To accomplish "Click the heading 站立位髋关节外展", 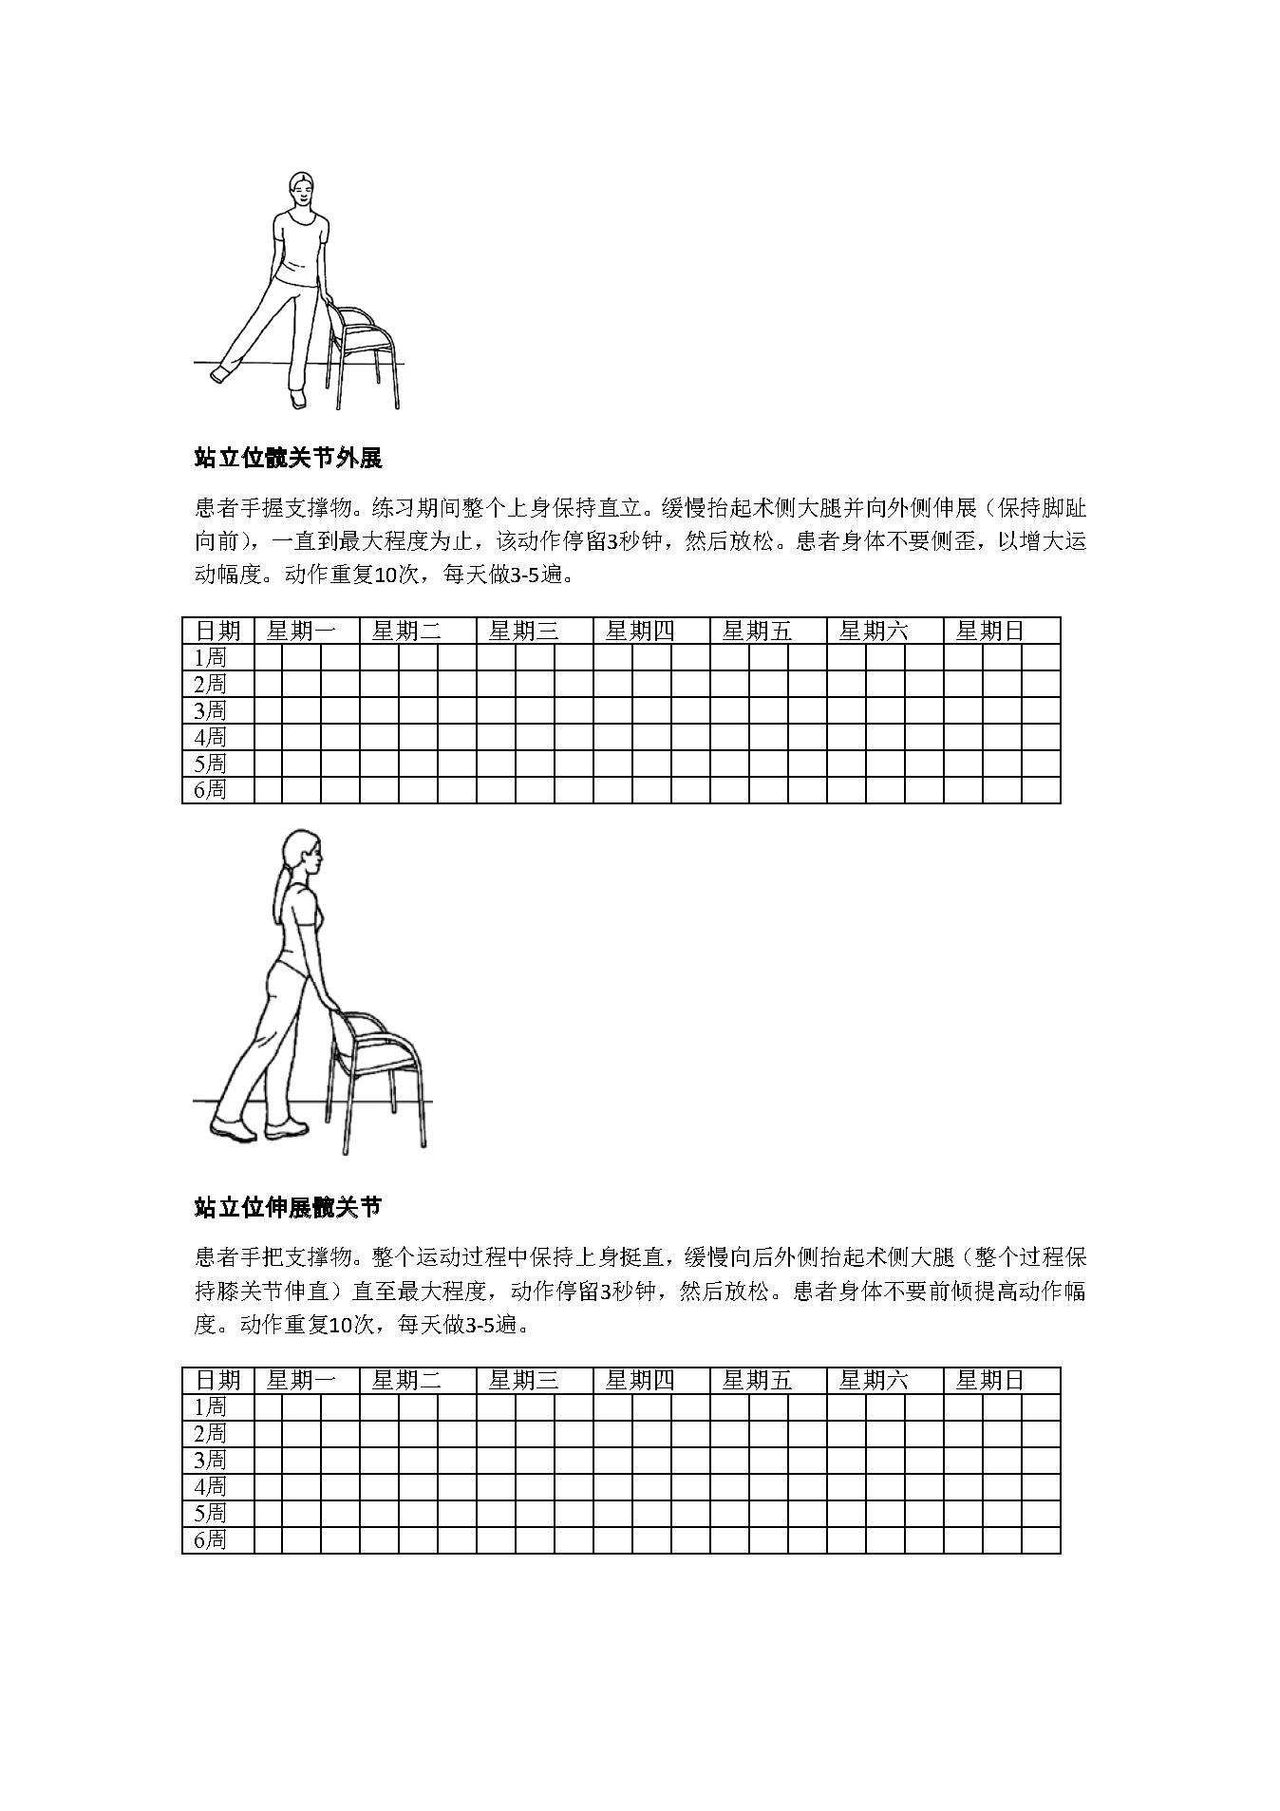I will [288, 459].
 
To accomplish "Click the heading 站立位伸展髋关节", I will [288, 1208].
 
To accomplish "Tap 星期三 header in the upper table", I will [523, 631].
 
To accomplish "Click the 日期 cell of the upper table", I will [218, 631].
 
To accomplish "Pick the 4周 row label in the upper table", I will [210, 737].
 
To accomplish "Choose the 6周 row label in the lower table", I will [210, 1539].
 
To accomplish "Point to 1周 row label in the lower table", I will [210, 1406].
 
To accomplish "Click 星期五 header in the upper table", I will [757, 631].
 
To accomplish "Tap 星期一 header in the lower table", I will [301, 1380].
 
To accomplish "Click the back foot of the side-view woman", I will [233, 1129].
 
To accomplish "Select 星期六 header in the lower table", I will [874, 1380].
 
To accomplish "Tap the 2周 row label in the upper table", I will [210, 684].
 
